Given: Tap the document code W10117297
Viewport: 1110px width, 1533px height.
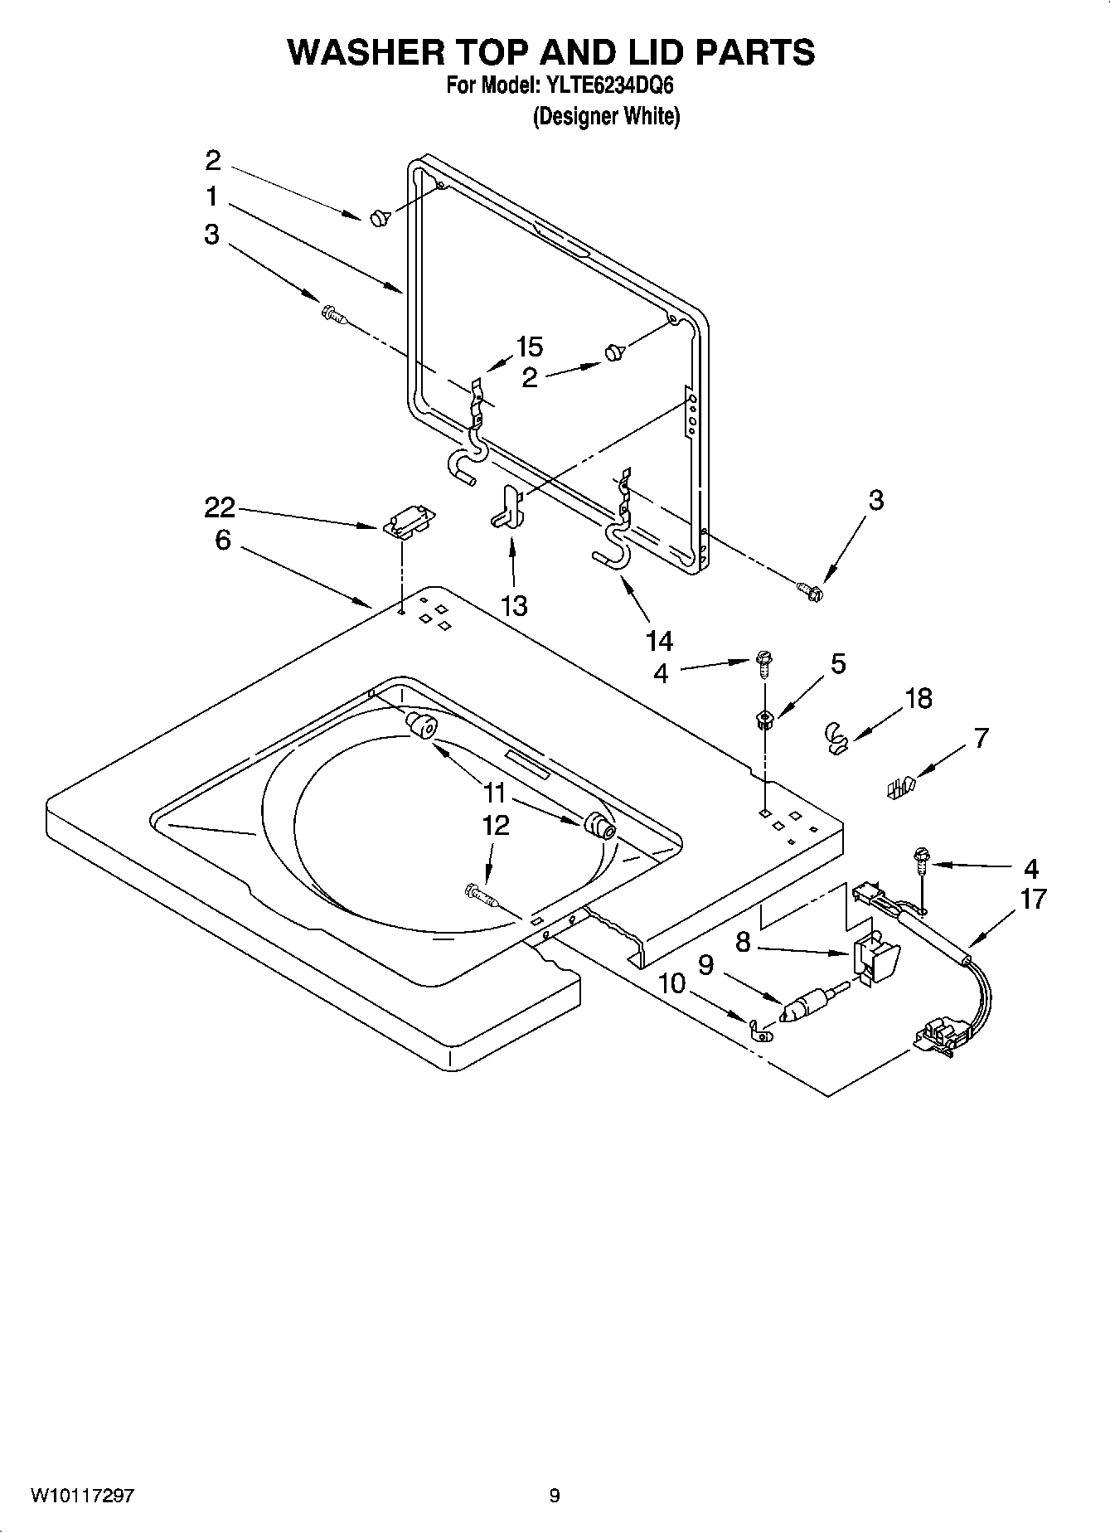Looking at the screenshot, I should click(83, 1496).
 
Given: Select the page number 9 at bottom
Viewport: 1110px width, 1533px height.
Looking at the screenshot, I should click(555, 1496).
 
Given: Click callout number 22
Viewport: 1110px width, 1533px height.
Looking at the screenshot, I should click(220, 507).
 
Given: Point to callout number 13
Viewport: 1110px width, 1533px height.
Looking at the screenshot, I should click(514, 605).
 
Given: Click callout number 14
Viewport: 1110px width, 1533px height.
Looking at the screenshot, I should click(660, 640).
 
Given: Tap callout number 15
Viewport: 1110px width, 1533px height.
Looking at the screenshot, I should click(529, 346).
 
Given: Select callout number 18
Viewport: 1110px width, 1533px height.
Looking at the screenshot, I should click(919, 698).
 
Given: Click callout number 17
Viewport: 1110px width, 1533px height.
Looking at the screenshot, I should click(1033, 899).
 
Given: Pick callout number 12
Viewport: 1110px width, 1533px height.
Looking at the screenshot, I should click(495, 826).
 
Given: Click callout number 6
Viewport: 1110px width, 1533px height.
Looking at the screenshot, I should click(222, 541).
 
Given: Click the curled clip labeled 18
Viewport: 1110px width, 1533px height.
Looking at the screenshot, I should click(837, 736).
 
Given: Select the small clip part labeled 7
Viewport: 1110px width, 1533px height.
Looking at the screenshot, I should click(899, 786).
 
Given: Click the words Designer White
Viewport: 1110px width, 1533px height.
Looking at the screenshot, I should click(605, 117).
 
